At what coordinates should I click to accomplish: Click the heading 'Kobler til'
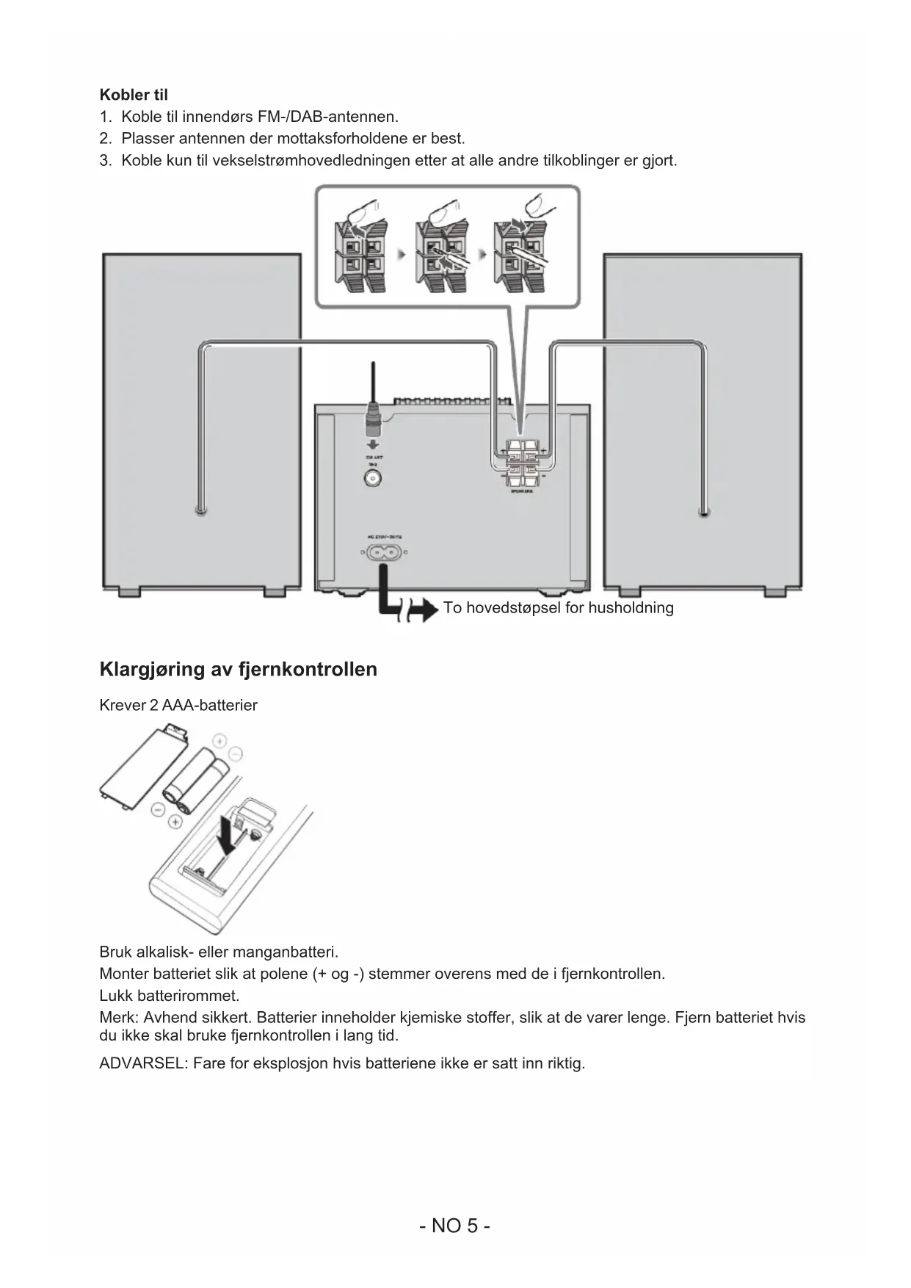coord(134,95)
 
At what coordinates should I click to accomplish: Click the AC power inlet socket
coord(384,552)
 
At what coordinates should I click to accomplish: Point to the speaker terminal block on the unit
coord(521,463)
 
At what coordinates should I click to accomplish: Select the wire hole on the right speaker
coord(704,513)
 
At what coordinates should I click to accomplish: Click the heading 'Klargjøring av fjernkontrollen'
coord(238,669)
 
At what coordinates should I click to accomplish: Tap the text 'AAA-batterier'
coord(210,706)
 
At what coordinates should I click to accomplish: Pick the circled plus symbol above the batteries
coord(219,739)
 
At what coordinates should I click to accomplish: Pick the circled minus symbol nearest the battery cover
coord(157,809)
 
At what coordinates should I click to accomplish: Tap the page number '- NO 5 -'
coord(455,1226)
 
